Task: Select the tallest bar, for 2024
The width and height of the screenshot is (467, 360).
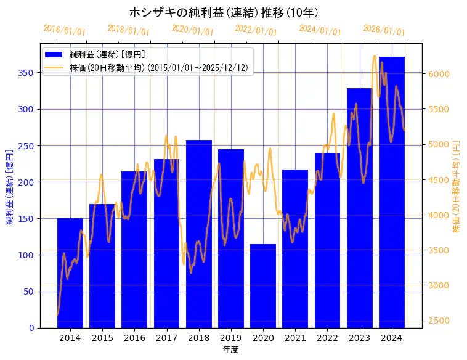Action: coord(391,192)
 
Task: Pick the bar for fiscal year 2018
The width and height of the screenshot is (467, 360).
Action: coord(198,234)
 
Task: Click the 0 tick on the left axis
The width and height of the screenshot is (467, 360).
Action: coord(32,328)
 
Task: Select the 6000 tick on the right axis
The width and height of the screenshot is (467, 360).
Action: coord(439,74)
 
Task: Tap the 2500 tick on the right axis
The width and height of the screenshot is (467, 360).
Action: coord(439,321)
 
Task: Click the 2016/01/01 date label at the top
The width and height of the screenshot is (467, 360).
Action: coord(64,30)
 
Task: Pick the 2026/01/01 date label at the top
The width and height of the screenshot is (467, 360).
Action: coord(384,30)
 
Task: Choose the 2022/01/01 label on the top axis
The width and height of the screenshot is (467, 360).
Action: coord(256,30)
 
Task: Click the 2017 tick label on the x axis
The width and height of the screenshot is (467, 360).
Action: coord(166,338)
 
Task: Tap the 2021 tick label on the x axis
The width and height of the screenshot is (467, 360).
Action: coord(295,338)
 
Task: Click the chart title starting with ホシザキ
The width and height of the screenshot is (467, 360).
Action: coord(224,12)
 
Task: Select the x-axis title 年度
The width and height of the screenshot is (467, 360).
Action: coord(230,350)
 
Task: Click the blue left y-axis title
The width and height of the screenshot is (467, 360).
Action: coord(10,186)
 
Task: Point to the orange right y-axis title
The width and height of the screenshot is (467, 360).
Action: coord(457,186)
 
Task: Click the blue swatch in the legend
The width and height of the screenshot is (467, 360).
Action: coord(55,55)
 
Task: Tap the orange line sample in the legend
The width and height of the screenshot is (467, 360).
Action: coord(55,68)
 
